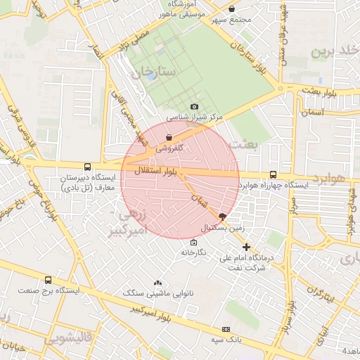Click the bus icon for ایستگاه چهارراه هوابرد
coord(273,175)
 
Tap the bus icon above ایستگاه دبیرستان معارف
coord(87,167)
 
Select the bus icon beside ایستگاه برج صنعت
coord(48,280)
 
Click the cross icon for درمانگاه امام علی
coord(246,247)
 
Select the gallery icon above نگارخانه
coord(184,242)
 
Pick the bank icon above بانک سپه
coord(226,329)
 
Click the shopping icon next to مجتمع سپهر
coord(233,9)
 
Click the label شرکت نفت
coord(246,267)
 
